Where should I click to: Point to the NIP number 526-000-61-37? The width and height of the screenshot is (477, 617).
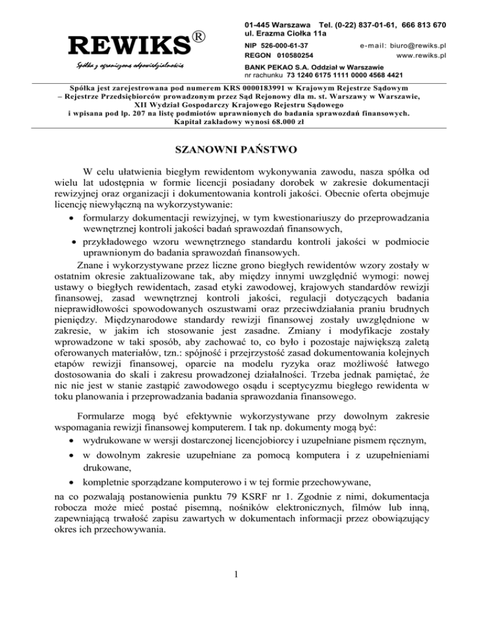pyautogui.click(x=286, y=45)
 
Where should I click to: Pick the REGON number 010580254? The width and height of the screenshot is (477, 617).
pyautogui.click(x=286, y=55)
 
